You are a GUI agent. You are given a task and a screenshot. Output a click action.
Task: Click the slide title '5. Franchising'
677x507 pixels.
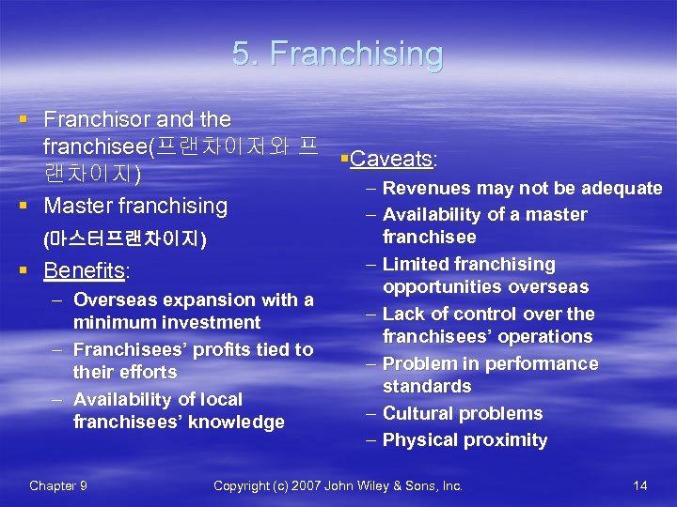338,54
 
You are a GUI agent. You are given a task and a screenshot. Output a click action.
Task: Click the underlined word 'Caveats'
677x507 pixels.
390,159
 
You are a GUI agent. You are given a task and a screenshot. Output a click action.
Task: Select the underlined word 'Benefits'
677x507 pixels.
85,271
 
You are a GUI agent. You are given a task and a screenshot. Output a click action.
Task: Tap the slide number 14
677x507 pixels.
640,485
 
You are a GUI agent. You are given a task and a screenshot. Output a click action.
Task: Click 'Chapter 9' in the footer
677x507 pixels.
58,485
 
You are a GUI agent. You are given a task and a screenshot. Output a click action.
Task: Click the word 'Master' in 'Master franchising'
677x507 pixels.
79,205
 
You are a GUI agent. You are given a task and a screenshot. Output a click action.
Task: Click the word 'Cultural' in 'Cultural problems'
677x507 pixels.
418,413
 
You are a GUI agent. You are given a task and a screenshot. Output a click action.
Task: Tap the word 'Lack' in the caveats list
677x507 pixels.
403,314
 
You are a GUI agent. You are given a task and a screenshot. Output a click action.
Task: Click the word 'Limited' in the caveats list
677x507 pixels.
416,264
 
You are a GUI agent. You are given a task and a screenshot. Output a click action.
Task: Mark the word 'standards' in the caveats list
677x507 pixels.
427,386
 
